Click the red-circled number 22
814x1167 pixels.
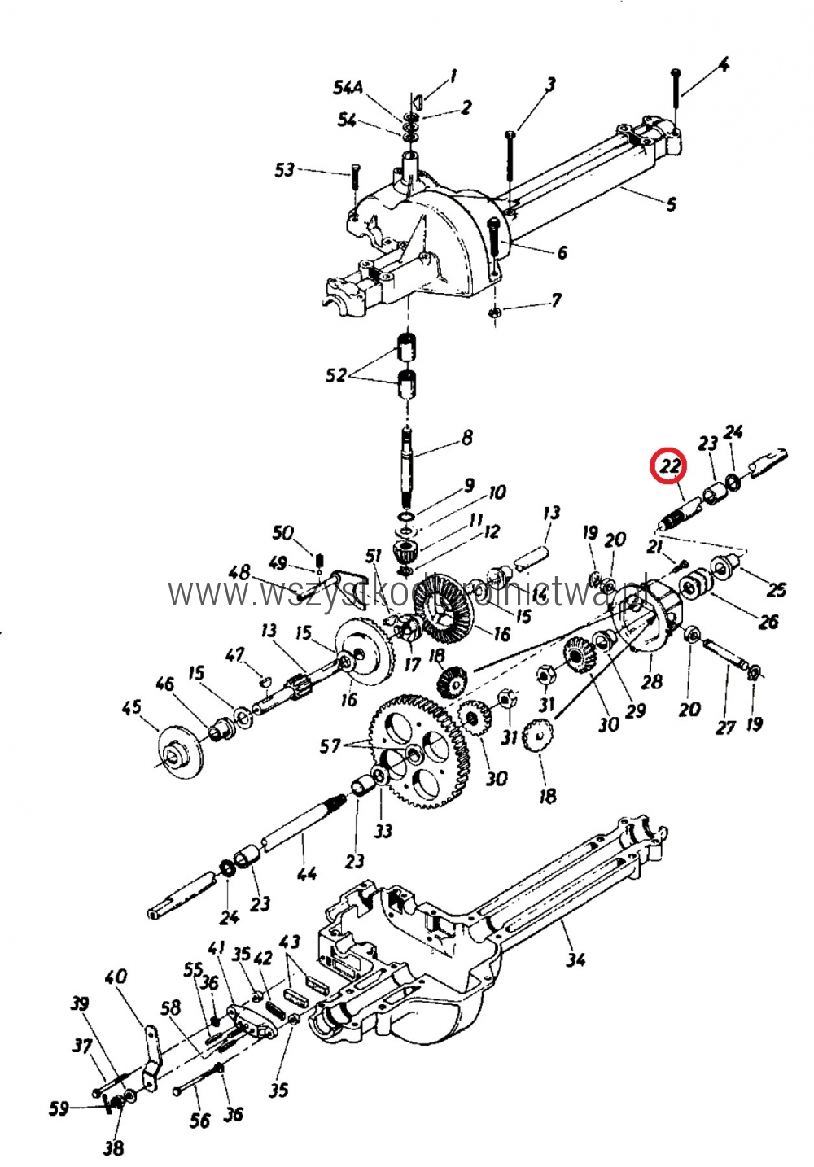pyautogui.click(x=669, y=466)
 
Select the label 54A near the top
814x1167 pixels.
pyautogui.click(x=348, y=87)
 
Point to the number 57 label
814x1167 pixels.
pyautogui.click(x=330, y=745)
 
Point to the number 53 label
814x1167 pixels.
pyautogui.click(x=284, y=170)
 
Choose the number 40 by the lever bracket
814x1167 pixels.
pyautogui.click(x=116, y=975)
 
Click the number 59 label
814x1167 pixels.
pyautogui.click(x=59, y=1108)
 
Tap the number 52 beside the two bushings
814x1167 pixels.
pyautogui.click(x=336, y=375)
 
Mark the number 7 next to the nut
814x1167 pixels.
pyautogui.click(x=556, y=300)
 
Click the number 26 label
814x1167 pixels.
pyautogui.click(x=768, y=622)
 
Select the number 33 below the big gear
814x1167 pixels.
pyautogui.click(x=383, y=830)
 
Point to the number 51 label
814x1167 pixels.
pyautogui.click(x=373, y=557)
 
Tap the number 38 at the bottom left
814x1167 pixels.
pyautogui.click(x=114, y=1147)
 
